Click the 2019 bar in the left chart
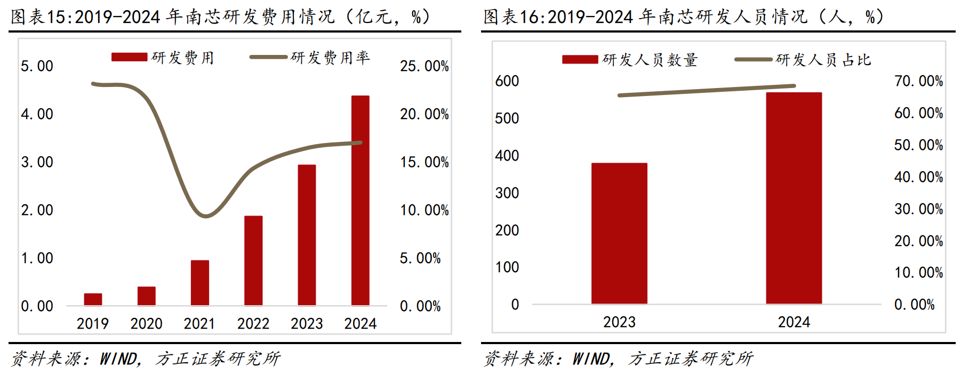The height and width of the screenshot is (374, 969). [93, 299]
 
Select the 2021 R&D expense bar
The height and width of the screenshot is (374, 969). [200, 283]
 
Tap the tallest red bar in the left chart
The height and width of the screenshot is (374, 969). [361, 200]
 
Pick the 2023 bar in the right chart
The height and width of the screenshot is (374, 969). [619, 233]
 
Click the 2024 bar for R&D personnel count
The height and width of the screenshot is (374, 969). [794, 198]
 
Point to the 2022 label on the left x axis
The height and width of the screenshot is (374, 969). [253, 323]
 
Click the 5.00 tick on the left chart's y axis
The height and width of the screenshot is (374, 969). [37, 66]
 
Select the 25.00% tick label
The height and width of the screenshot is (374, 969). [424, 66]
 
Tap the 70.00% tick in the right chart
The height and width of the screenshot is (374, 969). [918, 81]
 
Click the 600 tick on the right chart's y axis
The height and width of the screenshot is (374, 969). [507, 81]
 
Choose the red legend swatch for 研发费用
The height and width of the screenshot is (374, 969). [129, 57]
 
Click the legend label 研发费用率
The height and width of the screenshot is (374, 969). [330, 58]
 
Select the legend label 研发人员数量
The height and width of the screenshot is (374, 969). [650, 60]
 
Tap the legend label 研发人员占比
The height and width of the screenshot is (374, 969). [823, 60]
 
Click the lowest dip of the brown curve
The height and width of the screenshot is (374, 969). [205, 216]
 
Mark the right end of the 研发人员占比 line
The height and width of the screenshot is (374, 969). [794, 85]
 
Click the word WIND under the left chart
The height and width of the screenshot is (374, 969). [118, 359]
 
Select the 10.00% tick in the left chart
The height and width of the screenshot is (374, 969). [424, 210]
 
